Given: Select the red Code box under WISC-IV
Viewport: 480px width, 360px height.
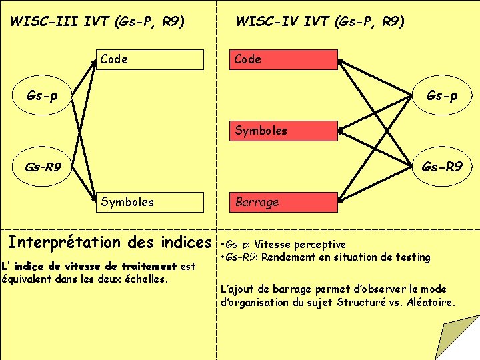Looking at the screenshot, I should point(283,59).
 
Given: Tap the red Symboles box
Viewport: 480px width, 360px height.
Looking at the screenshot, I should point(283,131).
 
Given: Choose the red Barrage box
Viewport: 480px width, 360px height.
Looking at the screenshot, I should point(283,202).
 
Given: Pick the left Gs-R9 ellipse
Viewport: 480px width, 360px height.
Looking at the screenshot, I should point(41,167).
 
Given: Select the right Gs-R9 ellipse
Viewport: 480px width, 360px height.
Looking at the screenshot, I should point(441,167).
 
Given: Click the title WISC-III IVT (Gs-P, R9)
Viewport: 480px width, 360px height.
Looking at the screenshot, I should point(97,22).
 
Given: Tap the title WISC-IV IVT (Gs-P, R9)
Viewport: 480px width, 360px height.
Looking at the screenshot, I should point(320,22).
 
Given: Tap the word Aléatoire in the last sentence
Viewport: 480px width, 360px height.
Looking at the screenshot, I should point(430,302).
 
